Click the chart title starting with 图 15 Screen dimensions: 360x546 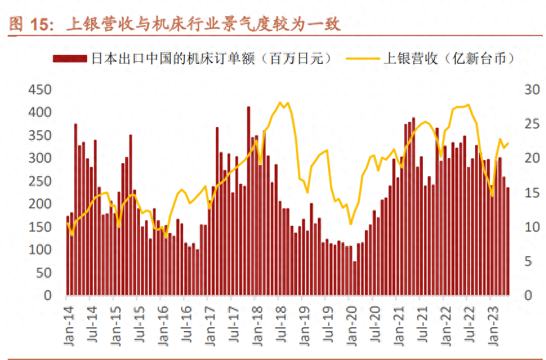(x=174, y=25)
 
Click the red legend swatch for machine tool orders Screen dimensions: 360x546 (x=70, y=59)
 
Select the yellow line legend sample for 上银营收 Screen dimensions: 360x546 (x=363, y=59)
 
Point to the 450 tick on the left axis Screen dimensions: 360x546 (x=41, y=89)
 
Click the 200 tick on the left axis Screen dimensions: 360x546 (x=41, y=204)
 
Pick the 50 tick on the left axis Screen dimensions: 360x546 (x=44, y=272)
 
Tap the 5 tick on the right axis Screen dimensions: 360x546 (x=528, y=261)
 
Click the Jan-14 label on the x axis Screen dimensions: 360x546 (x=66, y=319)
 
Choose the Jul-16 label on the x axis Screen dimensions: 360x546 (x=184, y=319)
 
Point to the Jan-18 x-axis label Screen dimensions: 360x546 (x=255, y=319)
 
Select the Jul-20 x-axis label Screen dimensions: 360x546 (x=373, y=319)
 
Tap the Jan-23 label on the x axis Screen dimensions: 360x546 (x=491, y=319)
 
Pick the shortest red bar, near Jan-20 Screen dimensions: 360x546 (x=355, y=277)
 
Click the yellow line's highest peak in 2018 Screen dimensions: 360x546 (x=280, y=103)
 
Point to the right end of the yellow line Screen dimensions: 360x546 (x=508, y=143)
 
